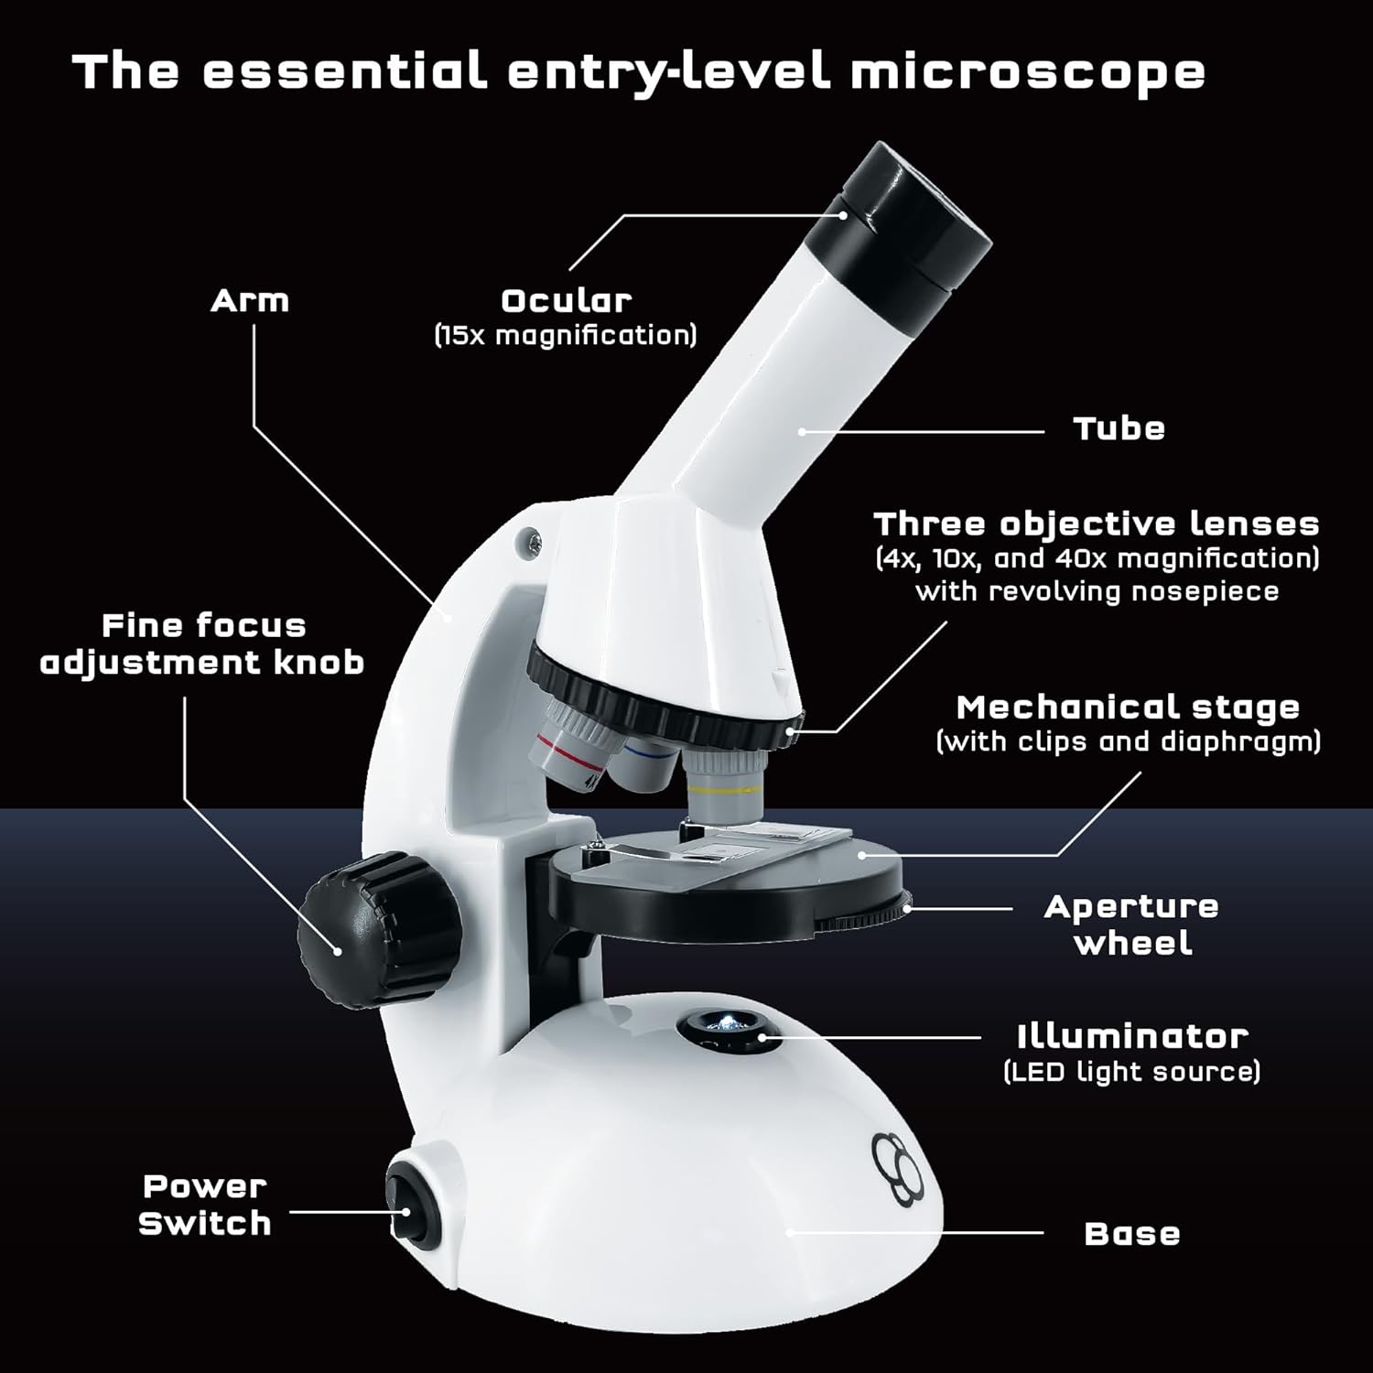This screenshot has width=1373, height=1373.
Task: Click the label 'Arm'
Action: click(249, 301)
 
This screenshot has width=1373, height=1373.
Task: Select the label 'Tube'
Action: click(1119, 429)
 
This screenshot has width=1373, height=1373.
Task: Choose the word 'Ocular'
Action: click(566, 301)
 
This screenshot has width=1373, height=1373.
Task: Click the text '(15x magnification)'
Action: click(566, 335)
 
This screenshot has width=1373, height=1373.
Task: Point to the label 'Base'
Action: click(1131, 1234)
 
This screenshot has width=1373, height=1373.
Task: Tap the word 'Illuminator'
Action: click(1132, 1037)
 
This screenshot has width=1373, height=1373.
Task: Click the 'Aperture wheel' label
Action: click(1132, 924)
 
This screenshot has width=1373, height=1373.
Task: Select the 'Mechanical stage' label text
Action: click(1128, 708)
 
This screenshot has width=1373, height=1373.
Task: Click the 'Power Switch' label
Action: click(205, 1205)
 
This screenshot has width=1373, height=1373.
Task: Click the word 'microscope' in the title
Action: click(1027, 72)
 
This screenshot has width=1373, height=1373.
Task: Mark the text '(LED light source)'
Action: click(1132, 1072)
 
